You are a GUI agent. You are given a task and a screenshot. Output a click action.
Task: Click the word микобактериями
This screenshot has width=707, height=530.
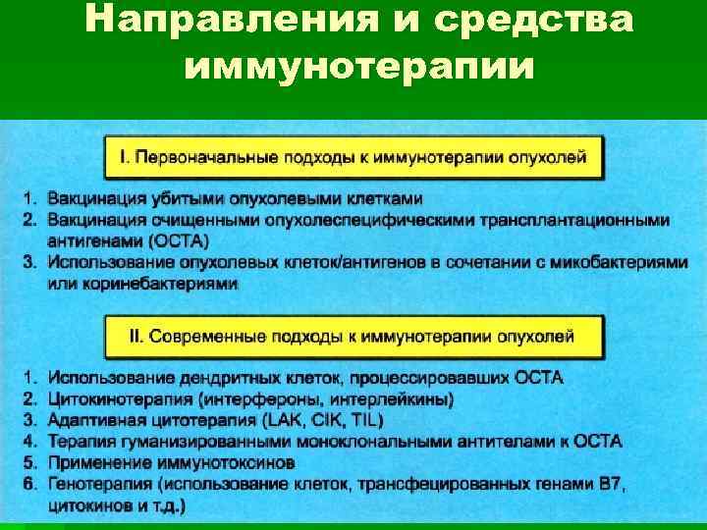pos(604,262)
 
